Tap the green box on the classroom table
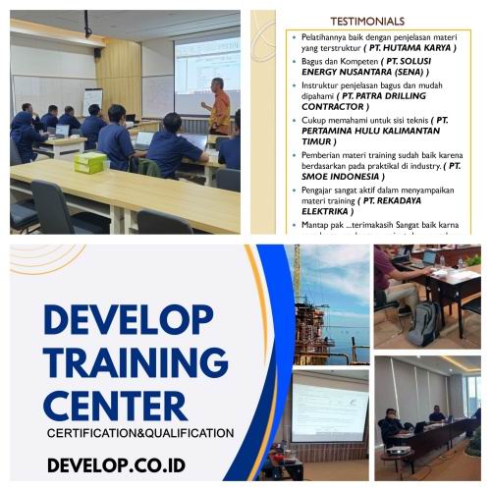click(x=89, y=162)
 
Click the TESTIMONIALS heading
click(x=366, y=21)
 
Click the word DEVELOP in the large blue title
click(x=128, y=319)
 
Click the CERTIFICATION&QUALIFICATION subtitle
click(x=140, y=432)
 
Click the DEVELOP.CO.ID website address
click(x=116, y=464)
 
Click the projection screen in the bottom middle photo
click(x=329, y=406)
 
